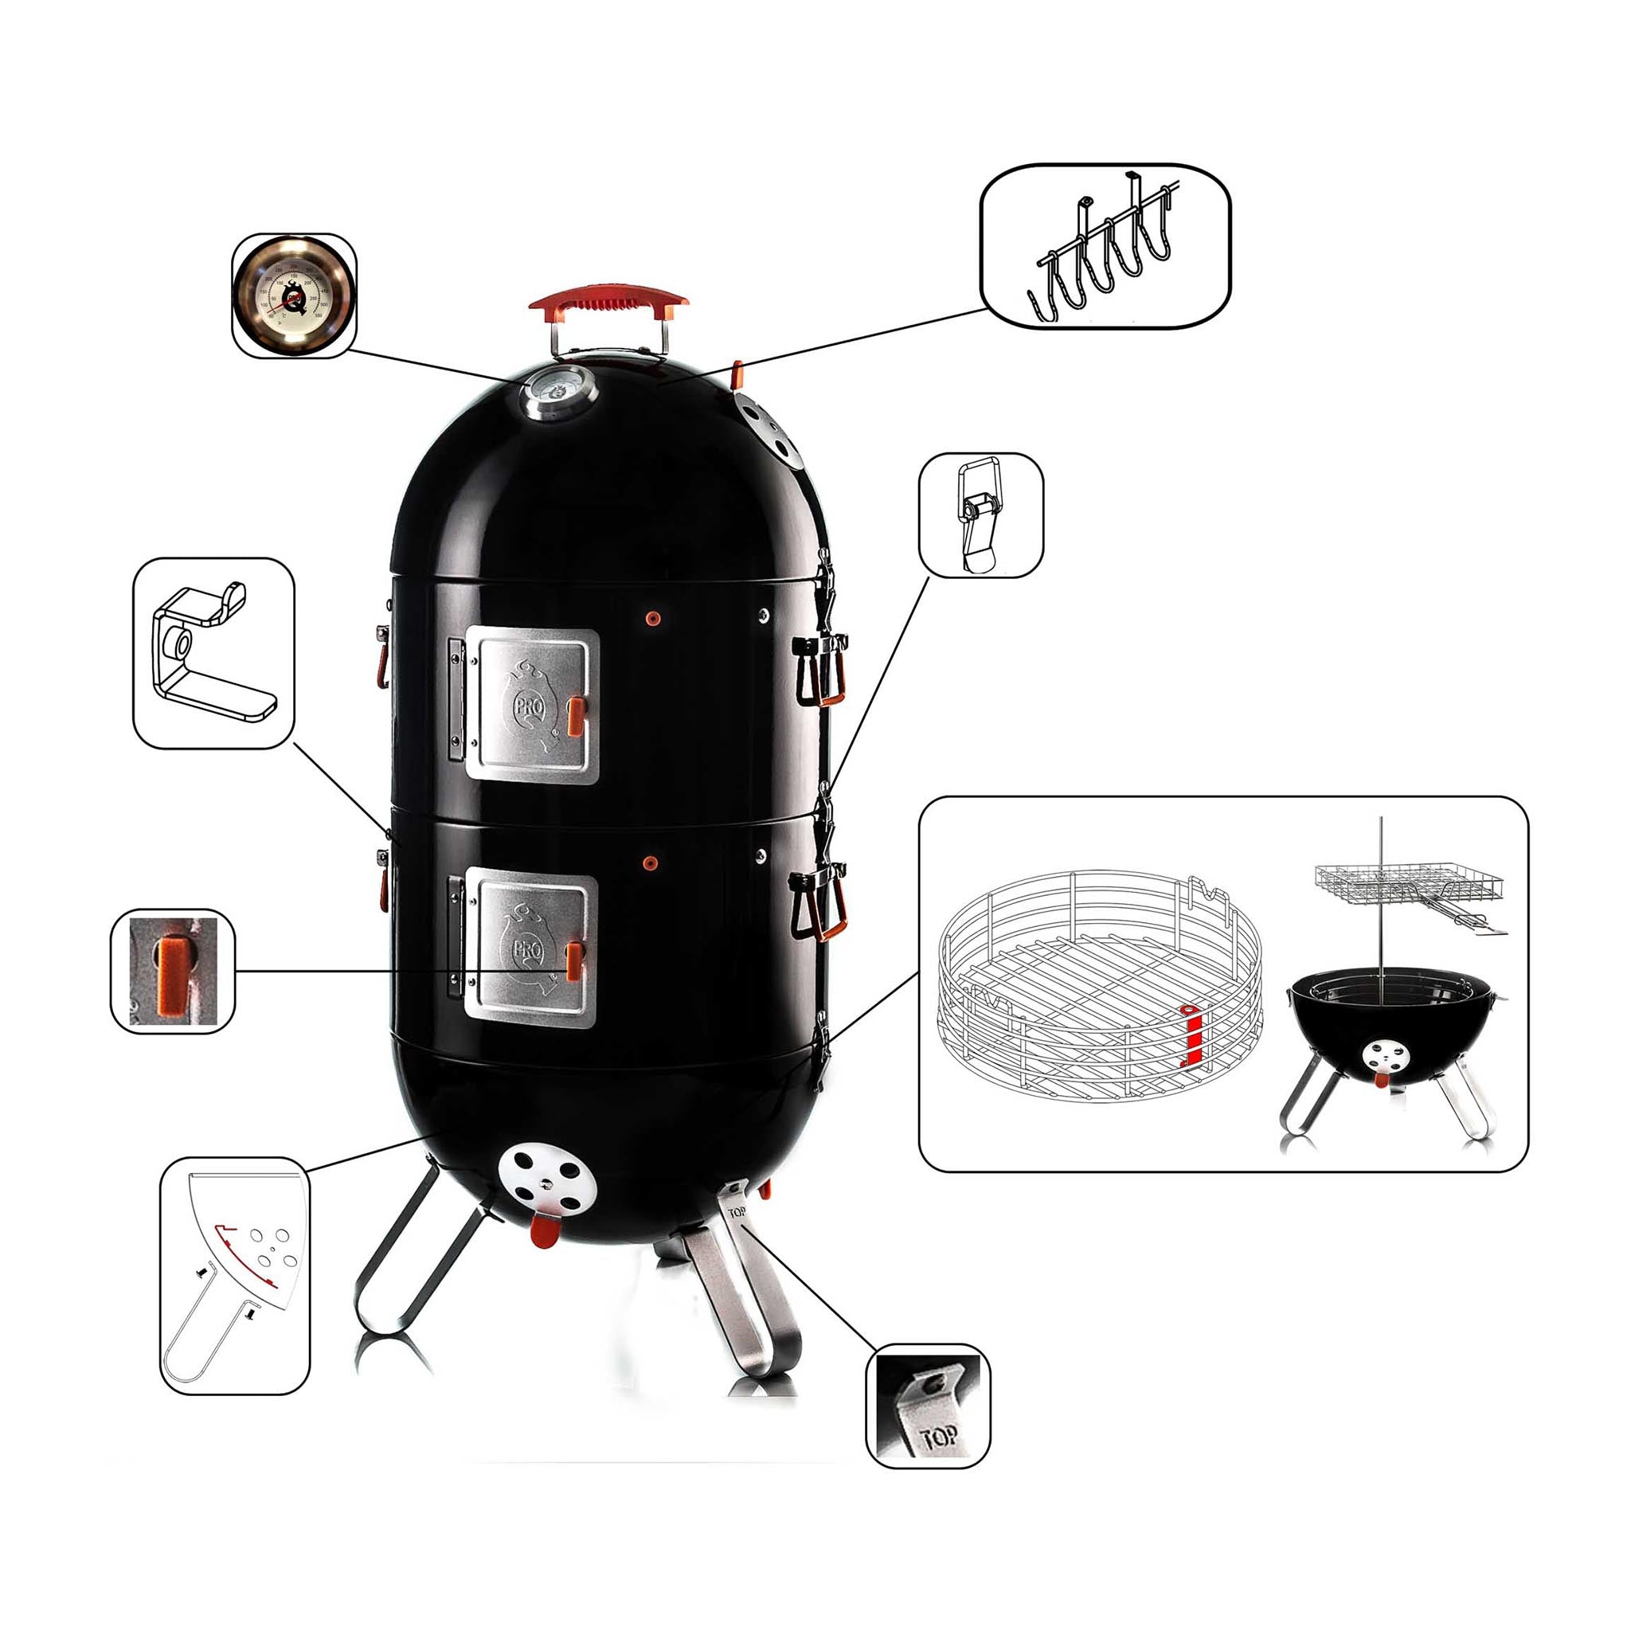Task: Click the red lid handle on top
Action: [608, 300]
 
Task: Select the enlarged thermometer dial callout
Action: [294, 295]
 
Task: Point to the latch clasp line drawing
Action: [980, 515]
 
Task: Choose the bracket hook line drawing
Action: [213, 652]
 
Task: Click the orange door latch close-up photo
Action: [173, 970]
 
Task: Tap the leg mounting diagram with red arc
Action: [234, 1275]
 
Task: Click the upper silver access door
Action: [532, 705]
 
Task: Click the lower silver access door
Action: [530, 951]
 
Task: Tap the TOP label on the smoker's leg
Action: [736, 1213]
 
